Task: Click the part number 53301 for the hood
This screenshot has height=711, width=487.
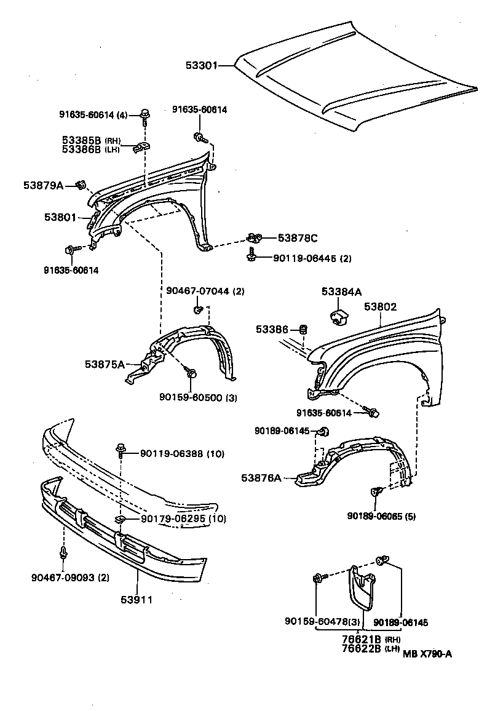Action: click(202, 65)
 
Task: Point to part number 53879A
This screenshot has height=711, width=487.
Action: click(44, 185)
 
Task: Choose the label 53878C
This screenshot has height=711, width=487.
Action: click(298, 237)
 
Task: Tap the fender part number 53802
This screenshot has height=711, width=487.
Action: click(380, 307)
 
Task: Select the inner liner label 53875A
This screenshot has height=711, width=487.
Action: click(105, 364)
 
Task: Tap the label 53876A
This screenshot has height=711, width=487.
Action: click(261, 477)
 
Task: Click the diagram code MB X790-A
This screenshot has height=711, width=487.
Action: click(428, 654)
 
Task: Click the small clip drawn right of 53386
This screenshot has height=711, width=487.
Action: click(303, 330)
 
